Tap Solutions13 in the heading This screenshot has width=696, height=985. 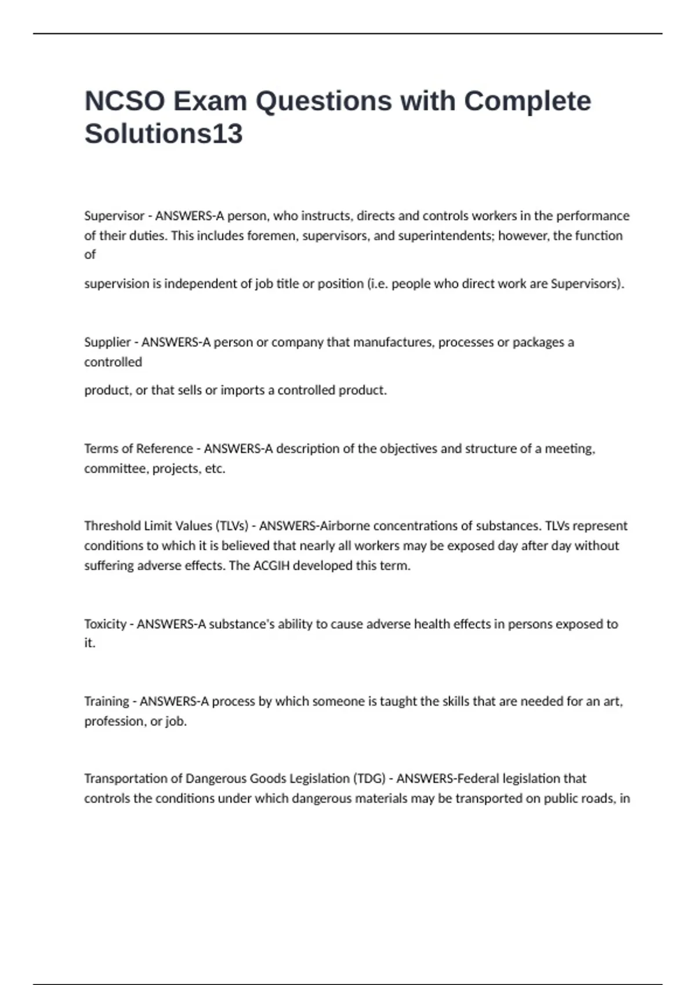click(164, 134)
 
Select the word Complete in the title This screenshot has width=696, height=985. click(527, 101)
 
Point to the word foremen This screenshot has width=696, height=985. click(271, 236)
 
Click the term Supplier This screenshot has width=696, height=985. click(107, 342)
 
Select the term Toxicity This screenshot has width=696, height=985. click(105, 624)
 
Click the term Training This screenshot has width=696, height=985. click(107, 701)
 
